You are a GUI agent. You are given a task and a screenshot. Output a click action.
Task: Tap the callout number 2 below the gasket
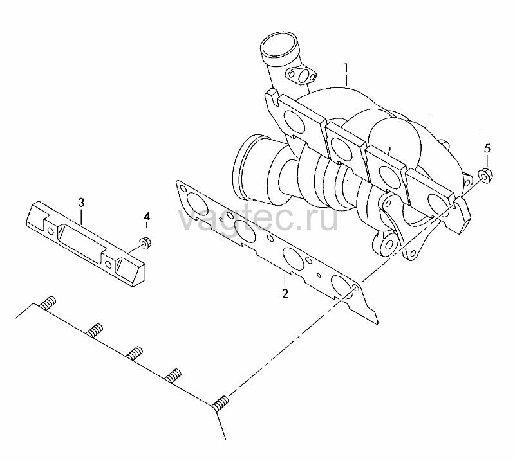click(x=285, y=293)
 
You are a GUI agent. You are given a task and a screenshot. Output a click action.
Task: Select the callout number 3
click(x=81, y=202)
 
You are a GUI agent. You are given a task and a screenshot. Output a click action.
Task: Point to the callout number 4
click(x=147, y=216)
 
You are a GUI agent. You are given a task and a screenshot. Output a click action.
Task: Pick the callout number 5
click(x=487, y=149)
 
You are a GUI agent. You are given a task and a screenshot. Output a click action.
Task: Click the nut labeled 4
click(x=145, y=242)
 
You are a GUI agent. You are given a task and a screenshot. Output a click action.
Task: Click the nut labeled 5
click(x=486, y=176)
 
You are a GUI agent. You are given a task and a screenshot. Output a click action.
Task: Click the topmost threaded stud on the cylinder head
click(x=48, y=302)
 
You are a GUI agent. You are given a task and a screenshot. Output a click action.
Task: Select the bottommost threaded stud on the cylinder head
click(x=220, y=403)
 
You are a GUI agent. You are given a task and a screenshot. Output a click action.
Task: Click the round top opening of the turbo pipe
click(x=279, y=46)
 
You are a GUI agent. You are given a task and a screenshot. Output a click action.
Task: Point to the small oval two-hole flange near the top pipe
click(x=301, y=75)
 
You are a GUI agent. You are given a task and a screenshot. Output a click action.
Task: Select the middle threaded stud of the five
click(x=135, y=353)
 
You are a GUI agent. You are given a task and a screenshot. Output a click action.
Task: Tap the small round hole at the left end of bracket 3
click(x=50, y=231)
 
